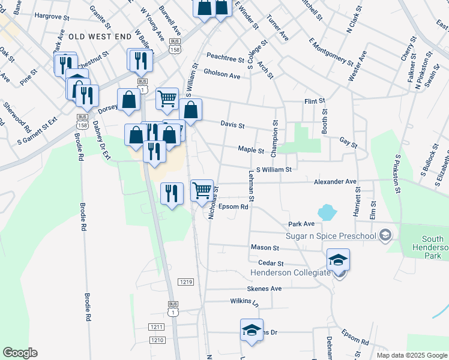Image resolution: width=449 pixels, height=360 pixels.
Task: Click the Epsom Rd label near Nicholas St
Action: pos(234,206)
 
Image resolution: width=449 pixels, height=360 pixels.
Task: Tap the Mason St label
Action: pos(265,247)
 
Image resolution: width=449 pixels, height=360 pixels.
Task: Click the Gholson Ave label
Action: pos(221,74)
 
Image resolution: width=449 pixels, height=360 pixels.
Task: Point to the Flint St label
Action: pos(315,101)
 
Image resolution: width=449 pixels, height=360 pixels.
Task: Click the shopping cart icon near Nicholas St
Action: pos(203,190)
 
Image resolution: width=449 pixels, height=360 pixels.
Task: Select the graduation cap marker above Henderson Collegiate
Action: pos(339,260)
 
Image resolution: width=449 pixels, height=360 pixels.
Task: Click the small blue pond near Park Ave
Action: pos(327,212)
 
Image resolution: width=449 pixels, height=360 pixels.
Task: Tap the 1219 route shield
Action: pos(185,281)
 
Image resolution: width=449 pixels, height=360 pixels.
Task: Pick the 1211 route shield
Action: pos(156,327)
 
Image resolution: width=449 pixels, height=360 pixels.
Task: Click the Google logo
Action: pos(20,353)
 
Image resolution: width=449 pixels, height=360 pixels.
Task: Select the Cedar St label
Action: pos(270,263)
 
